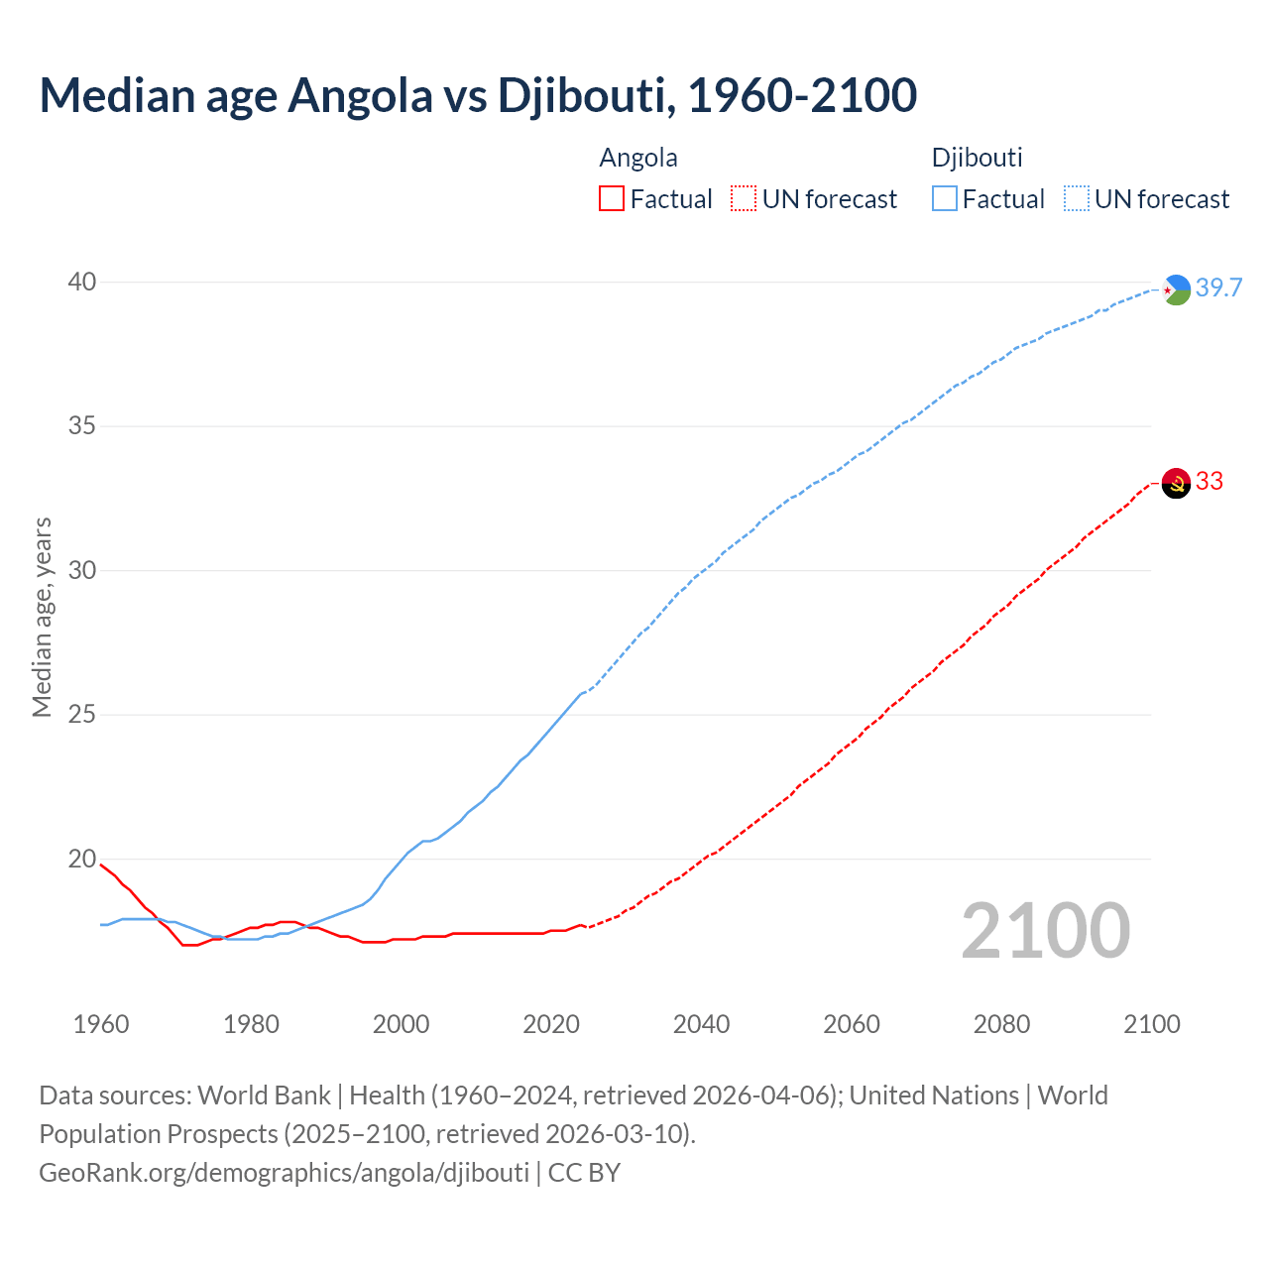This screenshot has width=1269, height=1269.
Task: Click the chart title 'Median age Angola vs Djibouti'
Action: click(478, 96)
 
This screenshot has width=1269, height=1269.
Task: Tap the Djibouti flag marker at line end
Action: click(1176, 289)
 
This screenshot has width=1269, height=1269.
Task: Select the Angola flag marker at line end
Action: click(1176, 483)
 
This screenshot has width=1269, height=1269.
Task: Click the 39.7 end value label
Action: click(1218, 288)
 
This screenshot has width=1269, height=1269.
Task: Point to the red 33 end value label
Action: click(1210, 482)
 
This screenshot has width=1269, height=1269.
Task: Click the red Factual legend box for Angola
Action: click(612, 199)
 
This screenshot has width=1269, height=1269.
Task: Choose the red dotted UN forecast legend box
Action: click(744, 199)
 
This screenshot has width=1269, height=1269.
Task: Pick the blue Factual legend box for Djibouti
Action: click(944, 199)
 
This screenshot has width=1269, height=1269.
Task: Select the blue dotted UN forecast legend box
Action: click(1076, 199)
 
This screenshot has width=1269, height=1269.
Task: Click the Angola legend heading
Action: click(638, 158)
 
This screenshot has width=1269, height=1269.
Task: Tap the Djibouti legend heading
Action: click(977, 158)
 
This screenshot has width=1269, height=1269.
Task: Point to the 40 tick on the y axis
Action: click(82, 283)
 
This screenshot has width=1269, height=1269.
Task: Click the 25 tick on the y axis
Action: click(82, 715)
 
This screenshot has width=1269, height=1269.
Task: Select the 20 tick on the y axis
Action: click(82, 860)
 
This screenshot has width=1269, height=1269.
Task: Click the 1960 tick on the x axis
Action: click(101, 1024)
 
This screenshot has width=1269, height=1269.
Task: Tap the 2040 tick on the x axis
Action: click(701, 1024)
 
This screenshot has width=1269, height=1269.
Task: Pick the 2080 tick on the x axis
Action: click(1001, 1024)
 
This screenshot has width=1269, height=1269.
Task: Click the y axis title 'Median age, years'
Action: click(42, 617)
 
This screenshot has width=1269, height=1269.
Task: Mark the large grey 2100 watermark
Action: click(1046, 930)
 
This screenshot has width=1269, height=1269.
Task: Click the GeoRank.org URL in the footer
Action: click(284, 1173)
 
